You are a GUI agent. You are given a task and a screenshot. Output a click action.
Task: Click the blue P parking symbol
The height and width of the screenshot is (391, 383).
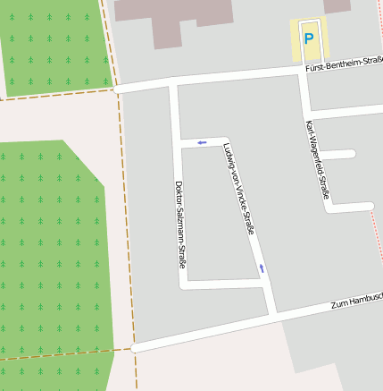(x=309, y=38)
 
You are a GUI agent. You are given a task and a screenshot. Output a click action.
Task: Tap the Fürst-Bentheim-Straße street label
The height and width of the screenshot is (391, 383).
(x=343, y=67)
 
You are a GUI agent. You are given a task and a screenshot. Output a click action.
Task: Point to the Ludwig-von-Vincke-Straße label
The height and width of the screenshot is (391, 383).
(x=238, y=189)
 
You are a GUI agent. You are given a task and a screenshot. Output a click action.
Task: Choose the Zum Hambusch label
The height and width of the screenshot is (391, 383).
(x=356, y=302)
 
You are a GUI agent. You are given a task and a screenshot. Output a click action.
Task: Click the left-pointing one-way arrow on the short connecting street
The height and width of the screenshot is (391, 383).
(x=202, y=141)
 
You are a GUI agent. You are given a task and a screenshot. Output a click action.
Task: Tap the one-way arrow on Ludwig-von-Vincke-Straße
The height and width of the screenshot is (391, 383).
(x=262, y=268)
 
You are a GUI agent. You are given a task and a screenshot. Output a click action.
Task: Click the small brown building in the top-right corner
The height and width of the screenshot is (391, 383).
(x=337, y=5)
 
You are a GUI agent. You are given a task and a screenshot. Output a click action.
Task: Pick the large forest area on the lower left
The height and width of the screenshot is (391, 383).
(x=49, y=259)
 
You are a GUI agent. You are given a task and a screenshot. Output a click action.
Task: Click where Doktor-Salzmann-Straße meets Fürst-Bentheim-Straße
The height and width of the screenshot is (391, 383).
(x=173, y=84)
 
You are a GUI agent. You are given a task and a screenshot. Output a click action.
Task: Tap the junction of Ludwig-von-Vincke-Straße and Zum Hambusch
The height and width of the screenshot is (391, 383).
(x=273, y=315)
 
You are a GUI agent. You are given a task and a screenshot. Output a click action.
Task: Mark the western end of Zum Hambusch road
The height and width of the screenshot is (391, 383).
(x=135, y=347)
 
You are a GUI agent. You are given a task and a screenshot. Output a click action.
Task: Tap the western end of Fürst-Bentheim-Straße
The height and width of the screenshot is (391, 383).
(x=118, y=89)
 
